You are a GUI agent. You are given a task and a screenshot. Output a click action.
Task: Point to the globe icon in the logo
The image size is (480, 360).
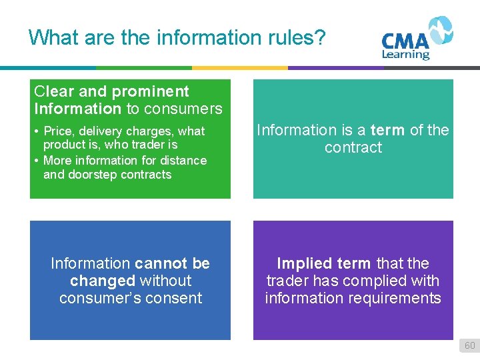(440, 30)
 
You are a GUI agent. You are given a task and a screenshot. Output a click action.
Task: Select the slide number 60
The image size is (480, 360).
(469, 345)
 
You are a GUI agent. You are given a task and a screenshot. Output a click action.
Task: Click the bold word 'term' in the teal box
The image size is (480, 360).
(388, 130)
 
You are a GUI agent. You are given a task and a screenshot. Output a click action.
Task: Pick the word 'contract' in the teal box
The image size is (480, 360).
(353, 147)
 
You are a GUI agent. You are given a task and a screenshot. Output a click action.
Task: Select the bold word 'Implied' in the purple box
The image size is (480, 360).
(304, 263)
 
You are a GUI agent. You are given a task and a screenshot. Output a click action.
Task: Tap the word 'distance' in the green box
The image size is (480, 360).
(183, 160)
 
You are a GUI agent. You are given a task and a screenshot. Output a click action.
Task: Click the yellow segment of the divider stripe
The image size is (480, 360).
(240, 67)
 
